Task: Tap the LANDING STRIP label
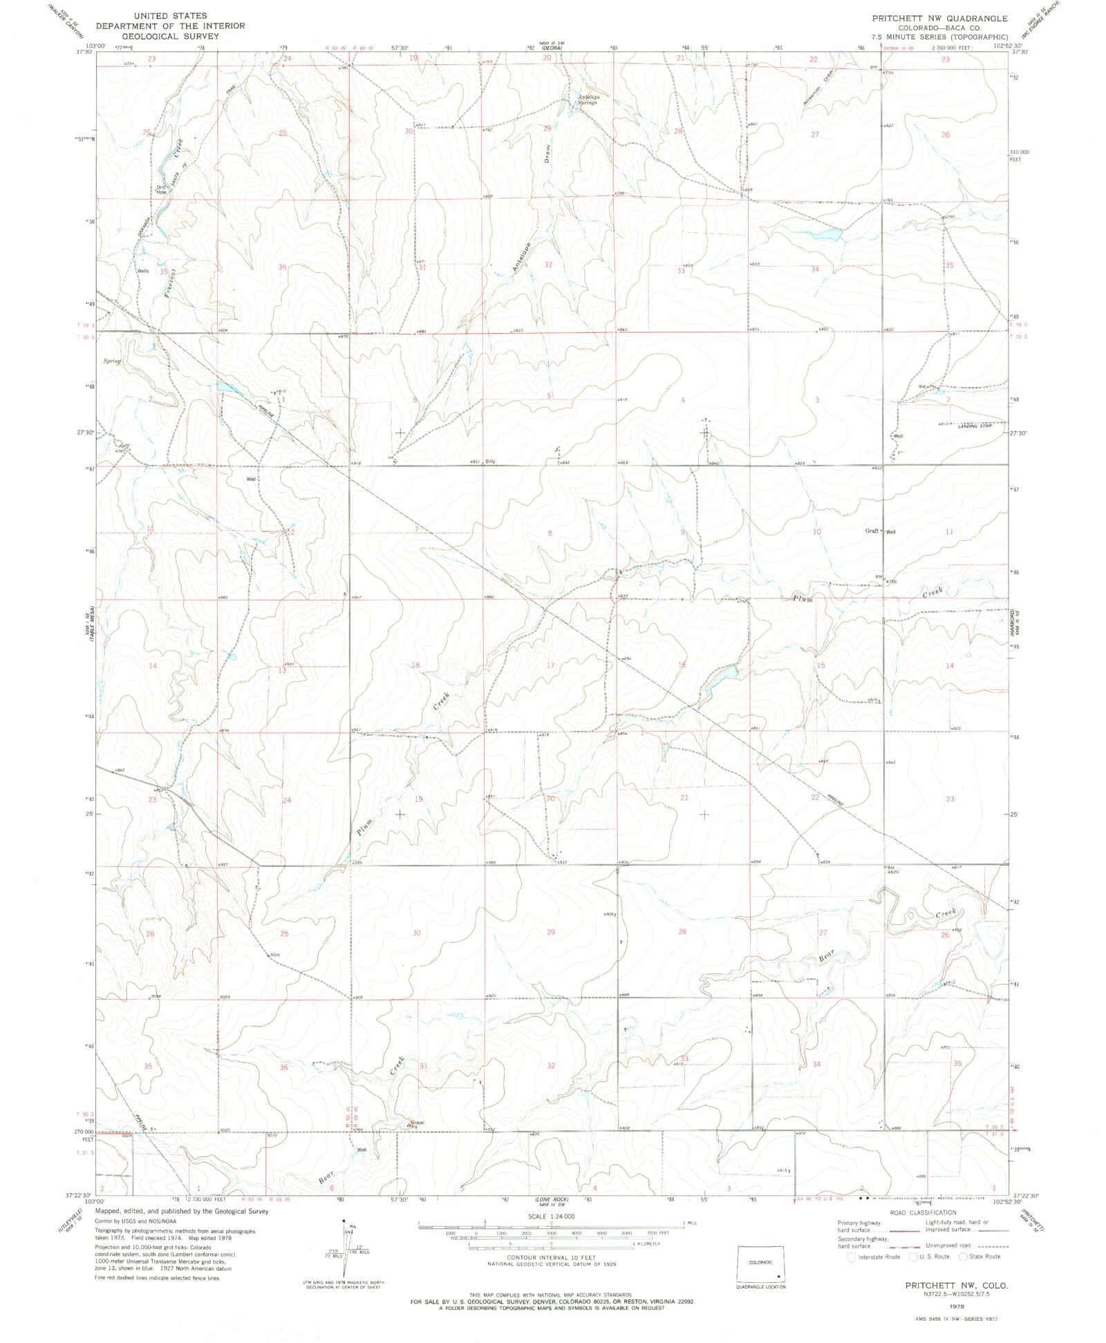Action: [x=974, y=426]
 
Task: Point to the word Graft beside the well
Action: [x=872, y=531]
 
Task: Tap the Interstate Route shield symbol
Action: [x=852, y=1257]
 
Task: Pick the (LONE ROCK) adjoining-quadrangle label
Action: [x=550, y=1200]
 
